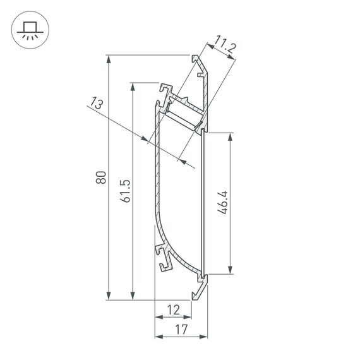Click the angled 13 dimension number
(97, 104)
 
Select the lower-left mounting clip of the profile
(163, 259)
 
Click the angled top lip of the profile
(199, 66)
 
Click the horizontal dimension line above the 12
(173, 316)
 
